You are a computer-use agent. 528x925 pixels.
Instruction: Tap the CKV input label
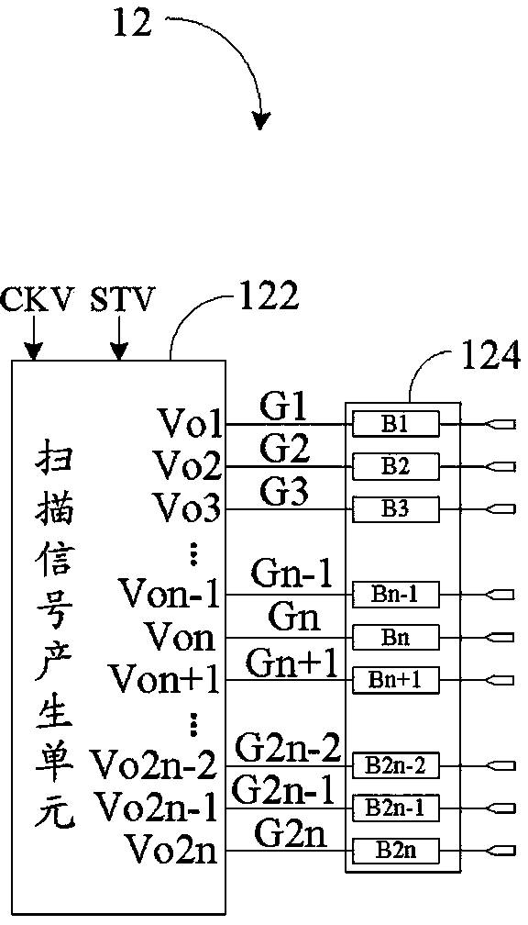pyautogui.click(x=38, y=299)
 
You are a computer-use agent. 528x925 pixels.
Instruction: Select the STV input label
pyautogui.click(x=121, y=299)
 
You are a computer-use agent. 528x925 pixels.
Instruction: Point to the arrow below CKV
pyautogui.click(x=34, y=337)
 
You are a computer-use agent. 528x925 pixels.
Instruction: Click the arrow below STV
pyautogui.click(x=119, y=337)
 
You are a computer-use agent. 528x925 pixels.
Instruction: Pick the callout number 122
pyautogui.click(x=268, y=296)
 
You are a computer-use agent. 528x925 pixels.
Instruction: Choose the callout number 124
pyautogui.click(x=491, y=357)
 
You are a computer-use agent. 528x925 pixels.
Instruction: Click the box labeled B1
pyautogui.click(x=396, y=424)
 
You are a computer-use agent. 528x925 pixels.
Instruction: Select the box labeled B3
pyautogui.click(x=396, y=509)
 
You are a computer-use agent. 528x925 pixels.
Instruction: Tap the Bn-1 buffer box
pyautogui.click(x=396, y=594)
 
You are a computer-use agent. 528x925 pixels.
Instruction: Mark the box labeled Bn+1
pyautogui.click(x=396, y=680)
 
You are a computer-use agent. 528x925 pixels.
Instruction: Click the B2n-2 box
pyautogui.click(x=396, y=765)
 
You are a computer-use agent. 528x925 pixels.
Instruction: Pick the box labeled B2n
pyautogui.click(x=396, y=851)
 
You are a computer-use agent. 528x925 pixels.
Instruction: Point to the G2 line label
pyautogui.click(x=284, y=451)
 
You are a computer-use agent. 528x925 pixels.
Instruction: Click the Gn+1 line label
pyautogui.click(x=291, y=663)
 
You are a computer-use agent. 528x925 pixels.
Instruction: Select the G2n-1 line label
pyautogui.click(x=283, y=790)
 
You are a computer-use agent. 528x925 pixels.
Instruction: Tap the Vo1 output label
pyautogui.click(x=190, y=423)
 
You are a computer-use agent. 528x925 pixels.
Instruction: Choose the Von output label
pyautogui.click(x=181, y=637)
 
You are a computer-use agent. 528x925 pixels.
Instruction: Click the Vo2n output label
pyautogui.click(x=172, y=850)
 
